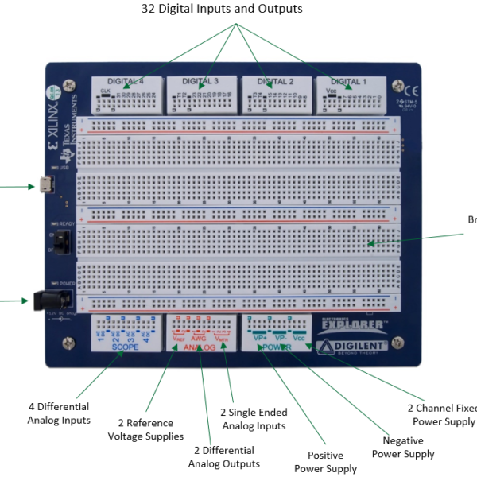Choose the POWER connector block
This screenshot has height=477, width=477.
(276, 331)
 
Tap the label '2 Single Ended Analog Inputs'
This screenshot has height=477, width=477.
(254, 419)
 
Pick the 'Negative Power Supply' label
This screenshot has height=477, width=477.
(403, 447)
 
